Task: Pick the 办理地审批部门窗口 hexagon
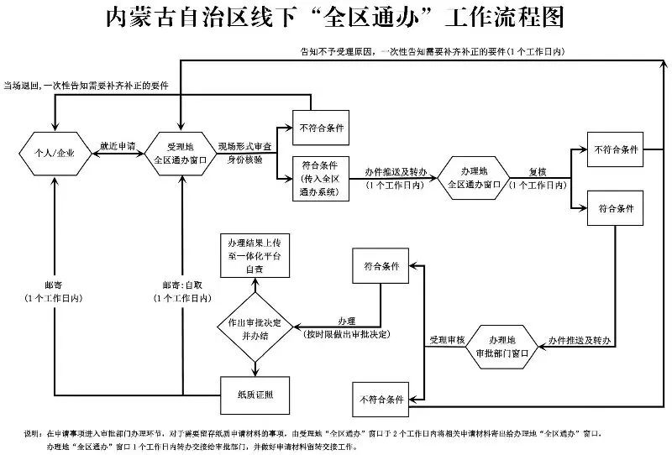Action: (x=501, y=346)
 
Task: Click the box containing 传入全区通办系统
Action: (x=320, y=177)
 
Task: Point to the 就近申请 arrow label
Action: (x=118, y=145)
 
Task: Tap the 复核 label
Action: (x=538, y=171)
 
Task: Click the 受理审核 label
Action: (x=448, y=340)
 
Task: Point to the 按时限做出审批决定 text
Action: (x=348, y=334)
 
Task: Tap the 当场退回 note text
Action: (x=25, y=85)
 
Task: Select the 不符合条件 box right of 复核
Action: (x=616, y=149)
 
